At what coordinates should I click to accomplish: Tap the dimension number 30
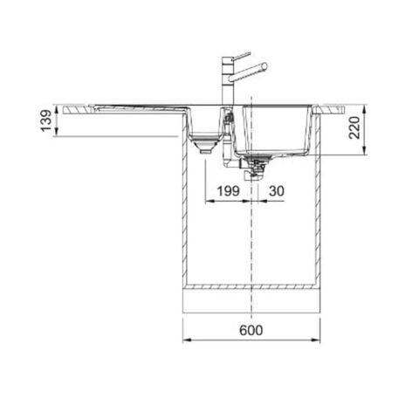[277, 191]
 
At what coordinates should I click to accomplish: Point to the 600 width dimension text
[251, 332]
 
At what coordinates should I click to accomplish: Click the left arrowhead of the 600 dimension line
[186, 343]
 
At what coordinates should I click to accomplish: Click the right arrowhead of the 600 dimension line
[317, 343]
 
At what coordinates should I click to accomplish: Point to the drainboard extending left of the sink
[122, 109]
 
